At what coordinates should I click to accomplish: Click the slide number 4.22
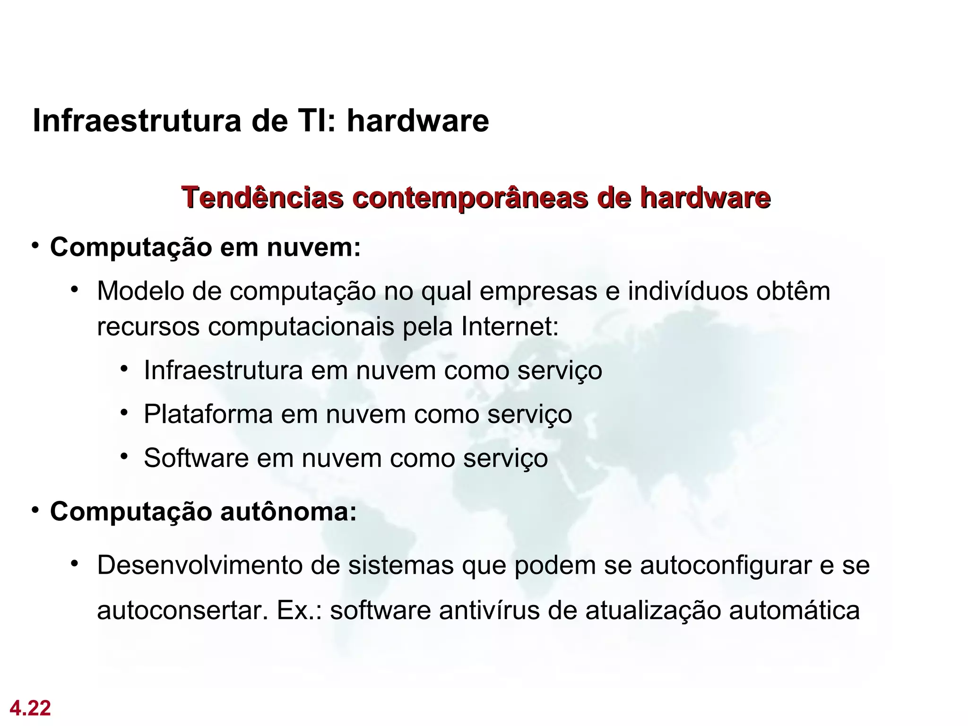[x=30, y=708]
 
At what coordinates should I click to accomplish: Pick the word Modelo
[x=140, y=291]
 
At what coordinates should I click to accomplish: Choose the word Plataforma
[x=208, y=415]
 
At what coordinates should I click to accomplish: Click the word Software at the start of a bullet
[x=196, y=458]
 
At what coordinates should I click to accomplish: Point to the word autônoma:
[x=288, y=511]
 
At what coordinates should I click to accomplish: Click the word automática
[x=794, y=610]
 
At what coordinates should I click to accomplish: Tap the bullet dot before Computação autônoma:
[x=35, y=511]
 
